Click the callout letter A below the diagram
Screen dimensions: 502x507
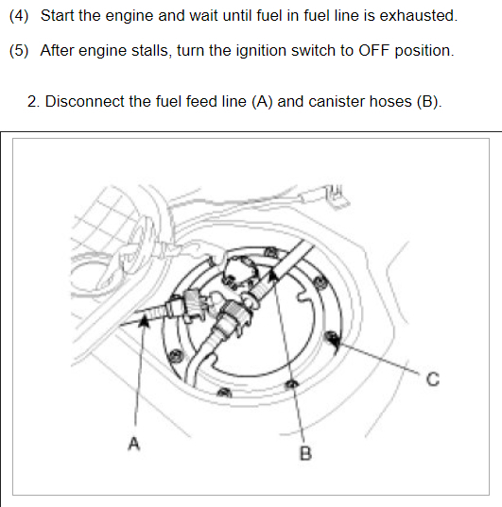coord(134,444)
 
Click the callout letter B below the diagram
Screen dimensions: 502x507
coord(305,453)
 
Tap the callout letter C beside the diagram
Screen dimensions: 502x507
coord(433,379)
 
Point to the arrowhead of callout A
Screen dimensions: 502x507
coord(144,321)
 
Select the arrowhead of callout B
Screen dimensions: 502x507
coord(274,276)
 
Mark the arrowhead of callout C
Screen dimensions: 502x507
coord(335,342)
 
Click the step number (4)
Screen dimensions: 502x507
coord(19,15)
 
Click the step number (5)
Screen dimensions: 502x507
coord(19,50)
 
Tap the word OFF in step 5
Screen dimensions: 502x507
coord(373,50)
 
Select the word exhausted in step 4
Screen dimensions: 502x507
coord(418,15)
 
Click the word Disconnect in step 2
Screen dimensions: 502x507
coord(84,102)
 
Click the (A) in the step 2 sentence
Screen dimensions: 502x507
coord(262,102)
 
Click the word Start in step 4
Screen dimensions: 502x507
coord(57,15)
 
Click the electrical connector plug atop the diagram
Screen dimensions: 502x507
coord(337,195)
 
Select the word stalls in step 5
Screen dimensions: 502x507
coord(151,50)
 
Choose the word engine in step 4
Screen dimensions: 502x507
coord(130,16)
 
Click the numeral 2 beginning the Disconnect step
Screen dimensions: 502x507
coord(32,102)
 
